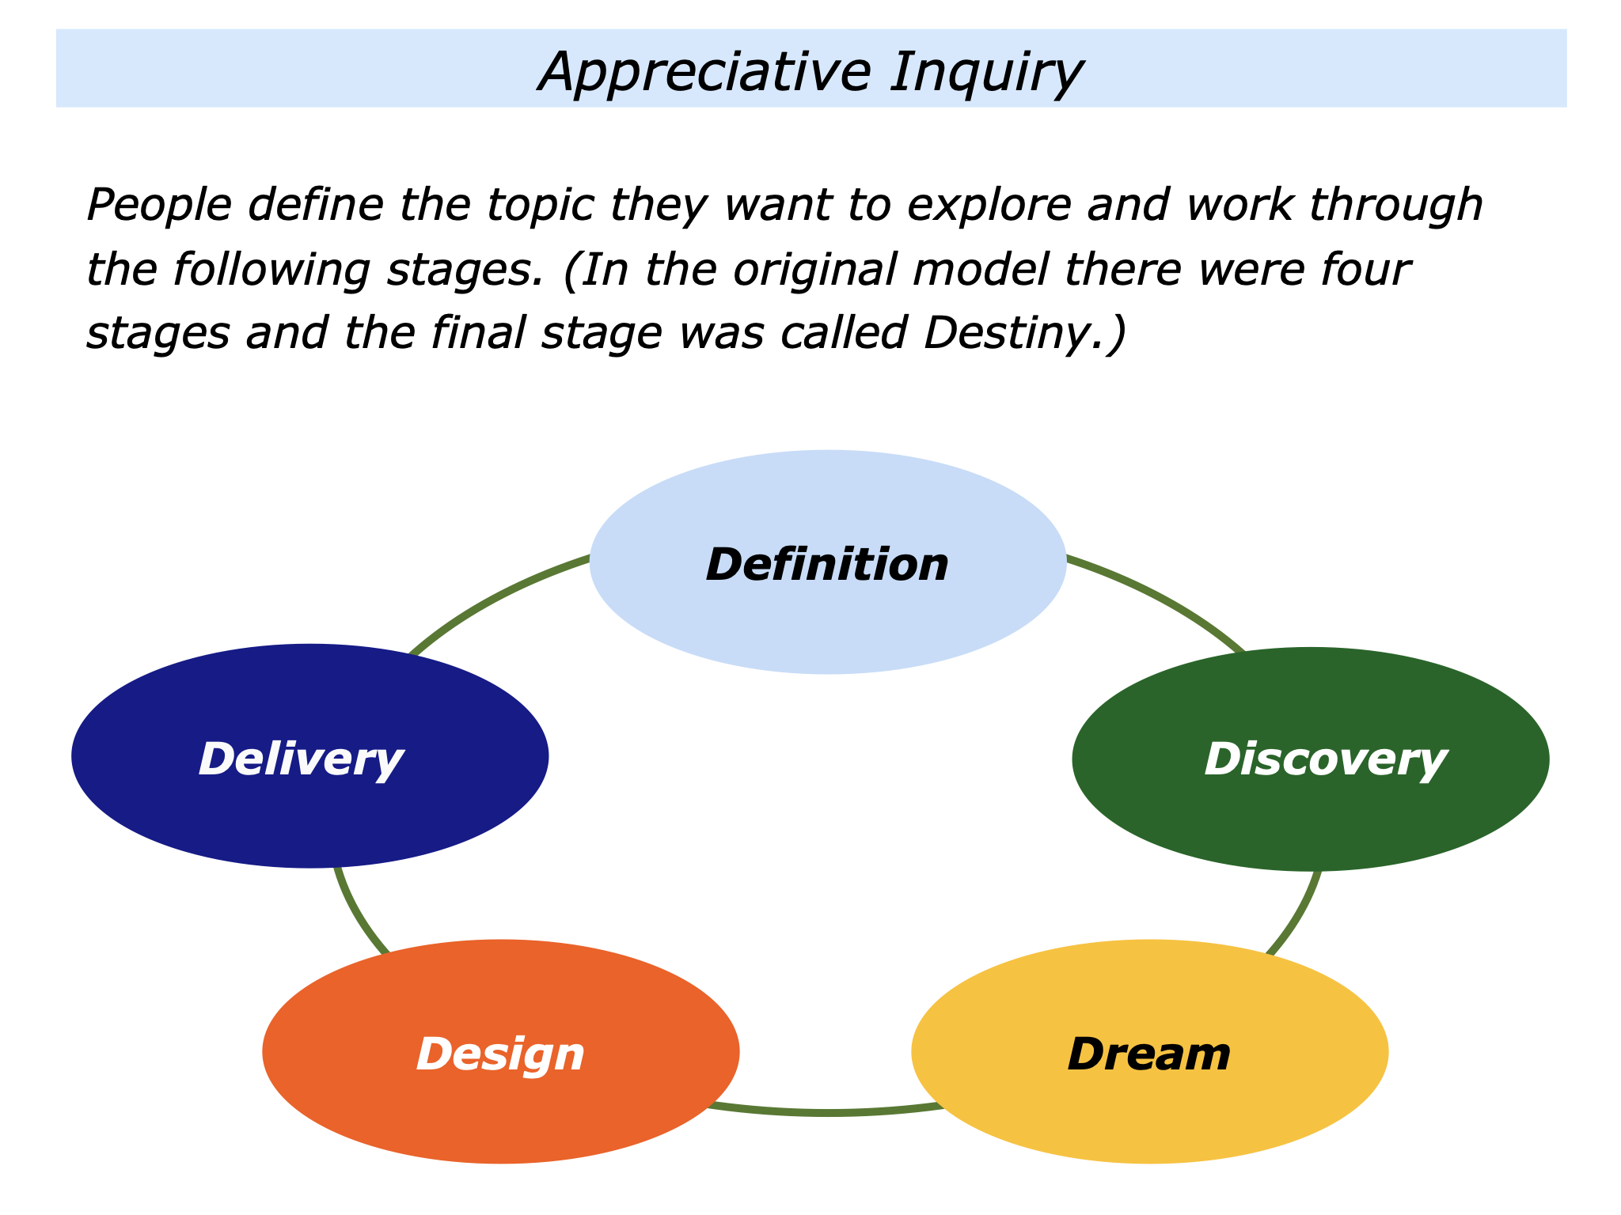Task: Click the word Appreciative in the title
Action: [x=704, y=73]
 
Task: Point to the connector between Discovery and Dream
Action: [x=1298, y=918]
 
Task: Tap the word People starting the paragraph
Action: [x=159, y=206]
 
